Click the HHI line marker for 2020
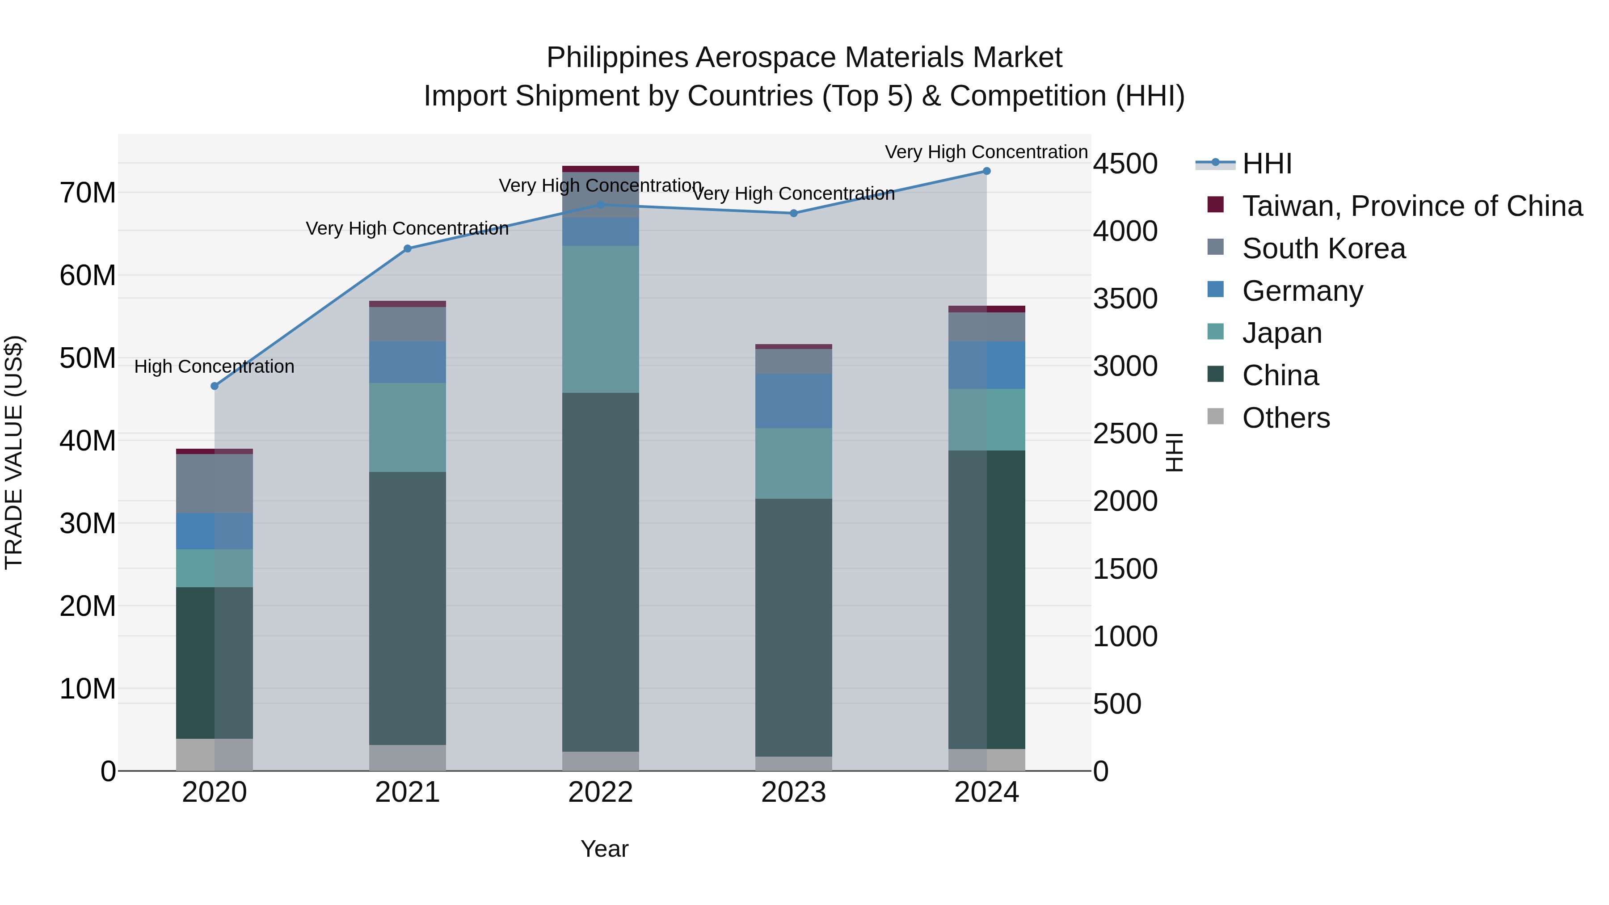point(215,386)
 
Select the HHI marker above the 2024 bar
point(987,171)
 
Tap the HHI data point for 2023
point(794,213)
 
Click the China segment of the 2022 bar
point(601,572)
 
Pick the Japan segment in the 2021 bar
point(408,427)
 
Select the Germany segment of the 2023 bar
point(794,401)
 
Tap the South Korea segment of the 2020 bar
point(215,484)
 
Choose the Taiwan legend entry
point(1411,206)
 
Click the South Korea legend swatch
point(1216,247)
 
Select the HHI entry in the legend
point(1267,164)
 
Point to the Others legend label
point(1285,418)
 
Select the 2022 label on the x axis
point(601,792)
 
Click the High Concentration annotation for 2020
point(214,366)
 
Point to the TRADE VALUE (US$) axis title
point(14,452)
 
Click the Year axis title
point(604,849)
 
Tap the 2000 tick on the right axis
point(1125,501)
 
